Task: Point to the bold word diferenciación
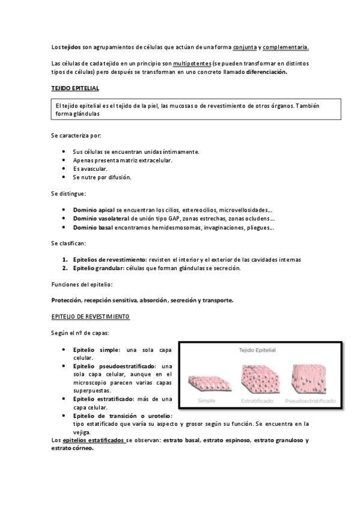[x=266, y=73]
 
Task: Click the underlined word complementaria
[x=285, y=47]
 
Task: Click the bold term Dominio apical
[x=94, y=209]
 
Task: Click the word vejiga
[x=81, y=432]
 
